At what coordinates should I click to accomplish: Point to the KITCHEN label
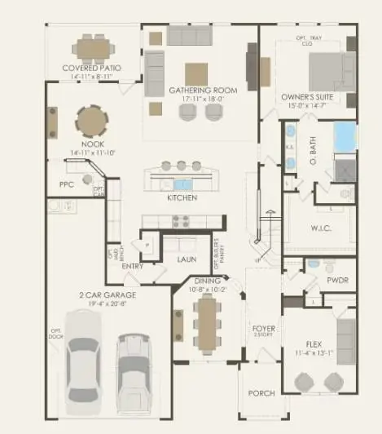(182, 197)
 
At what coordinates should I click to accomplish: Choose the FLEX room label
(314, 343)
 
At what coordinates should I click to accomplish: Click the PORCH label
(261, 393)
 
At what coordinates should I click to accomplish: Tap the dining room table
(205, 321)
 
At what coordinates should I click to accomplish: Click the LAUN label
(187, 259)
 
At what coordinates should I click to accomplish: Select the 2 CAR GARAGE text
(108, 294)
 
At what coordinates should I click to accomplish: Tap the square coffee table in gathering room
(196, 74)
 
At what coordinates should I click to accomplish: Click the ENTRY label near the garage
(133, 266)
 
